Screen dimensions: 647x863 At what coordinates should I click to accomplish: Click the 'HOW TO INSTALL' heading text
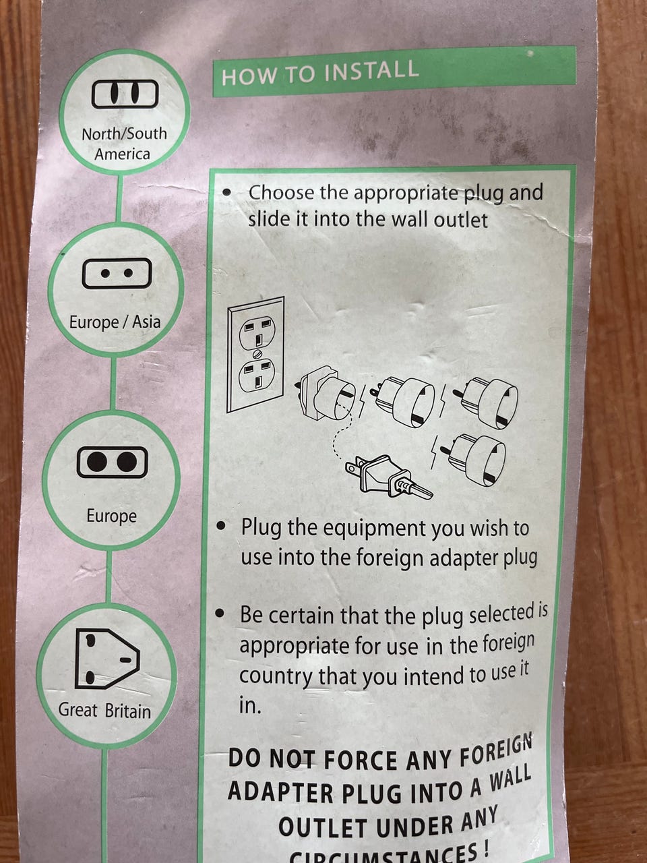click(x=319, y=73)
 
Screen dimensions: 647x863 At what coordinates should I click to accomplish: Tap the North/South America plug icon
click(x=125, y=94)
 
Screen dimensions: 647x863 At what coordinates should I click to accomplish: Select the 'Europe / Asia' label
click(x=115, y=322)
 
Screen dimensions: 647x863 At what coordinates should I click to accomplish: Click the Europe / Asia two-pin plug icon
click(x=117, y=273)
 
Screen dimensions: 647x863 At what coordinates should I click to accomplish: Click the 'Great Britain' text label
click(x=104, y=711)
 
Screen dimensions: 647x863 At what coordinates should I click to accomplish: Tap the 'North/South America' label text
click(x=124, y=144)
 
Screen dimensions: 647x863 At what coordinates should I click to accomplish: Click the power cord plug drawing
click(x=389, y=478)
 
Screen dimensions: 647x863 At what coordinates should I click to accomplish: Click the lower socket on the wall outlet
click(x=257, y=375)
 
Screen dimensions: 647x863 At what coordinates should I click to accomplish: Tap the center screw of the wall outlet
click(x=257, y=353)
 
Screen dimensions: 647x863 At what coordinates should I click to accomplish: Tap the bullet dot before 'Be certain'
click(x=222, y=614)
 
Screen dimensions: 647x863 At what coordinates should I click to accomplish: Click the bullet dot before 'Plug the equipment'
click(x=222, y=526)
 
